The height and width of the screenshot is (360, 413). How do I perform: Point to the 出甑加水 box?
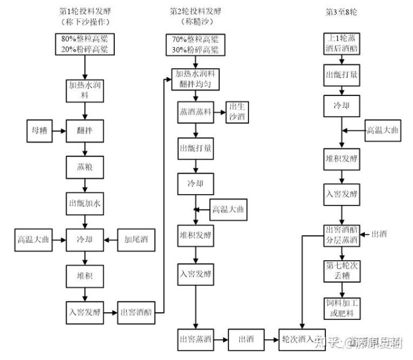click(x=85, y=203)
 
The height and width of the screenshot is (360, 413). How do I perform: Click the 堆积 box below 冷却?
click(x=85, y=276)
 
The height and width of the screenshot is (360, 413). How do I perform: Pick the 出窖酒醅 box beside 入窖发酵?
click(x=135, y=313)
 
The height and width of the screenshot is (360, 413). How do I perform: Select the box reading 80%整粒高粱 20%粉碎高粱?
click(x=85, y=44)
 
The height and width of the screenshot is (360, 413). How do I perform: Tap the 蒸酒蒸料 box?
click(x=195, y=112)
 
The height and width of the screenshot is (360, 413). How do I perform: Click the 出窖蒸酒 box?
click(x=195, y=338)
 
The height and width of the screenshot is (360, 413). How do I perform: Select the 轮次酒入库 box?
click(x=302, y=338)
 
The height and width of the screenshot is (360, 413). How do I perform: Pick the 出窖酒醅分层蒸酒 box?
click(x=341, y=234)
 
